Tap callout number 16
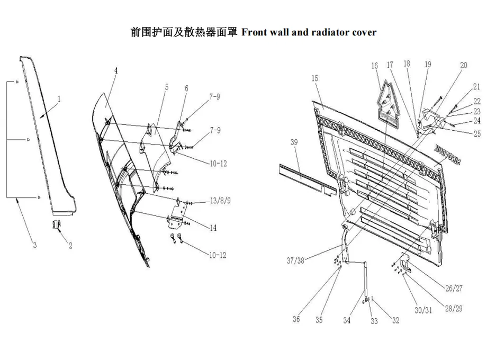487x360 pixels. (375, 66)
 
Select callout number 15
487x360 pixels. (314, 78)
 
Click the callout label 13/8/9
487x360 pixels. (220, 201)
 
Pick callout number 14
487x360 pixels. (213, 228)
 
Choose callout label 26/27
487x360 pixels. (454, 289)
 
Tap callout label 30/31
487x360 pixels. (423, 310)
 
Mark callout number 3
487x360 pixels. (35, 245)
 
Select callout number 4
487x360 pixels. (115, 70)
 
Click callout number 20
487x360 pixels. (464, 66)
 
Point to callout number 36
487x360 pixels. (296, 319)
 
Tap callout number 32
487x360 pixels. (395, 320)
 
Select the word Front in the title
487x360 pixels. (255, 32)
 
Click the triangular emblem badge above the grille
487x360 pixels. (389, 104)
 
